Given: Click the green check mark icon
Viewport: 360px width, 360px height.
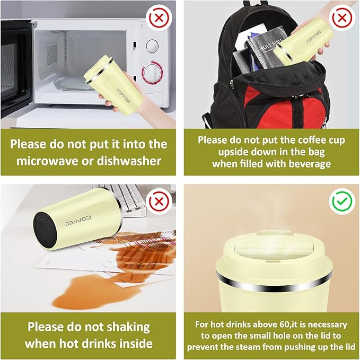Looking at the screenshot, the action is click(x=342, y=201).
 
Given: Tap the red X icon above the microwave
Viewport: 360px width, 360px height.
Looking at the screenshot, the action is click(x=159, y=18).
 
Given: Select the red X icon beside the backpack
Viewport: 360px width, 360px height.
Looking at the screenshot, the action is click(x=342, y=18).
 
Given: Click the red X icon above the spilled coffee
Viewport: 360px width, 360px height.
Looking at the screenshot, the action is click(x=159, y=201).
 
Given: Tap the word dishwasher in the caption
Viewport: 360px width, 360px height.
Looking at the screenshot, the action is click(x=129, y=161).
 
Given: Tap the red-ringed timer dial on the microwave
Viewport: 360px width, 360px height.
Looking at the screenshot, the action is click(x=152, y=72).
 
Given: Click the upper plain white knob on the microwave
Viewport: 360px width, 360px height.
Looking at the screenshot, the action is click(x=152, y=46).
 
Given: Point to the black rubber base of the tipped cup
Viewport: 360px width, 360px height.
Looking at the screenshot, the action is click(x=45, y=230).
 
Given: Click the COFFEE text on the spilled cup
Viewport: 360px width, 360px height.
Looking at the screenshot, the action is click(x=77, y=221).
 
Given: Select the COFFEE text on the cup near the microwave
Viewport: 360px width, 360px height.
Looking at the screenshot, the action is click(x=124, y=96).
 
